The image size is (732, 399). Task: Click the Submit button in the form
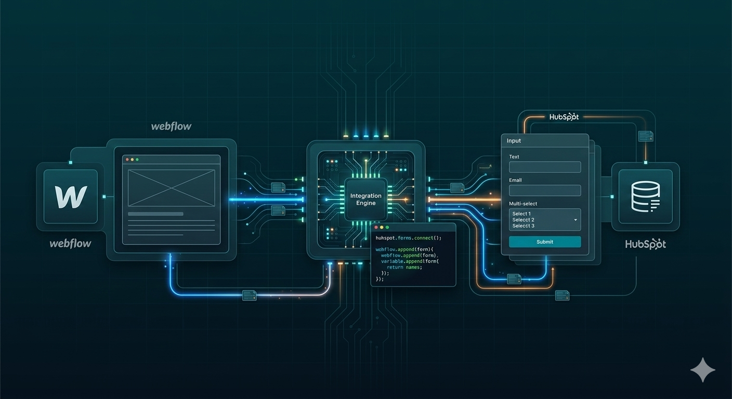click(544, 242)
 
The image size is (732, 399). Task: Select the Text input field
click(544, 167)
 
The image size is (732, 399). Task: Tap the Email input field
click(544, 190)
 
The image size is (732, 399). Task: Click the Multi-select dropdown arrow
click(576, 220)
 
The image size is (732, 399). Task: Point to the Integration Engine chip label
click(365, 199)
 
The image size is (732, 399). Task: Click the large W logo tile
click(71, 196)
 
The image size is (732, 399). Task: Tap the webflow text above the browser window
click(171, 126)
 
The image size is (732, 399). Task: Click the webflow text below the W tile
click(70, 243)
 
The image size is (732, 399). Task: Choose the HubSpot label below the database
click(645, 244)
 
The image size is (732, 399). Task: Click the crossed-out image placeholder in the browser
click(171, 187)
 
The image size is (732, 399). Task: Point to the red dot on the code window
click(375, 228)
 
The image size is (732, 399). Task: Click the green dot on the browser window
click(138, 159)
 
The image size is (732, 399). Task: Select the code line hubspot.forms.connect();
click(408, 237)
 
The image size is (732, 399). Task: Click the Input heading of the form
click(514, 141)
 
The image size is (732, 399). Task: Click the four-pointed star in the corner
click(702, 370)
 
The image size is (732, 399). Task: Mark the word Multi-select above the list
click(523, 204)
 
